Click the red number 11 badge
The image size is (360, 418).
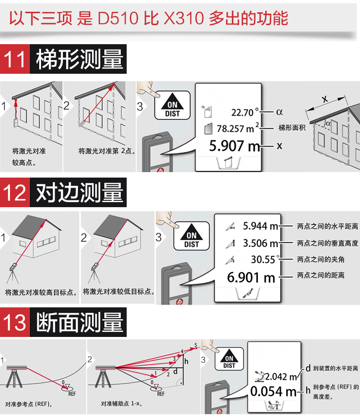click(x=15, y=59)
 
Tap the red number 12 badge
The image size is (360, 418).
click(x=15, y=192)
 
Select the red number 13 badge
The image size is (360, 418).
click(x=15, y=322)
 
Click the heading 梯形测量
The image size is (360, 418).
click(x=80, y=59)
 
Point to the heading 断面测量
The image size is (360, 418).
click(x=80, y=322)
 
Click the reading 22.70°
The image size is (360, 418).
click(x=245, y=112)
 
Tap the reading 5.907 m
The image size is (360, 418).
click(x=235, y=146)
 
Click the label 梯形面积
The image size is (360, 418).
click(x=292, y=127)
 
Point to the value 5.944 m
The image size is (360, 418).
click(x=260, y=226)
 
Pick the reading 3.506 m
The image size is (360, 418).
click(x=260, y=243)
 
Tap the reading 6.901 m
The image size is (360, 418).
click(x=251, y=277)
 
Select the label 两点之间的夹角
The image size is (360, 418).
click(x=321, y=260)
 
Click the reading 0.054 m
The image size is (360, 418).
click(x=273, y=391)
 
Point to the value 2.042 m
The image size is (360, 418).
click(x=281, y=377)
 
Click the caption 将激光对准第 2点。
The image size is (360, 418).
click(x=107, y=151)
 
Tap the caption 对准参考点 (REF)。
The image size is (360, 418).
click(x=29, y=404)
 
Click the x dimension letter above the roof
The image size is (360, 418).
click(x=325, y=99)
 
